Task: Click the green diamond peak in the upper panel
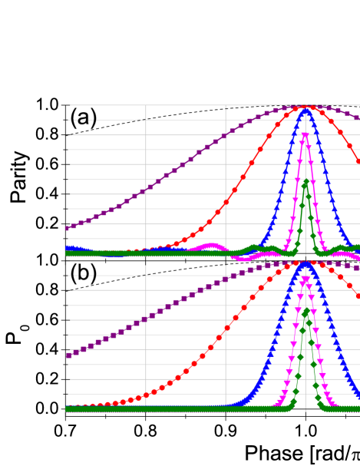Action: coord(306,182)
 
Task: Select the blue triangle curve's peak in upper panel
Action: coord(306,110)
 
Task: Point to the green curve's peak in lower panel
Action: coord(306,312)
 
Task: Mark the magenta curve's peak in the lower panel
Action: coord(306,281)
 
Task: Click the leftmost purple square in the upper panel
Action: coord(68,227)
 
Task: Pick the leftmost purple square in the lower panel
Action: coord(68,355)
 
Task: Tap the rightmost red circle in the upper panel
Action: coord(358,161)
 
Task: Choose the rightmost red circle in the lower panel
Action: coord(358,296)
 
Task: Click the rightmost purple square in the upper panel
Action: coord(357,117)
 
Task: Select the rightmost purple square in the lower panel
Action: coord(357,267)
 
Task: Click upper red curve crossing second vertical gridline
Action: coord(226,203)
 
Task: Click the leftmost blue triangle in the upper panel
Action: coord(68,248)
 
